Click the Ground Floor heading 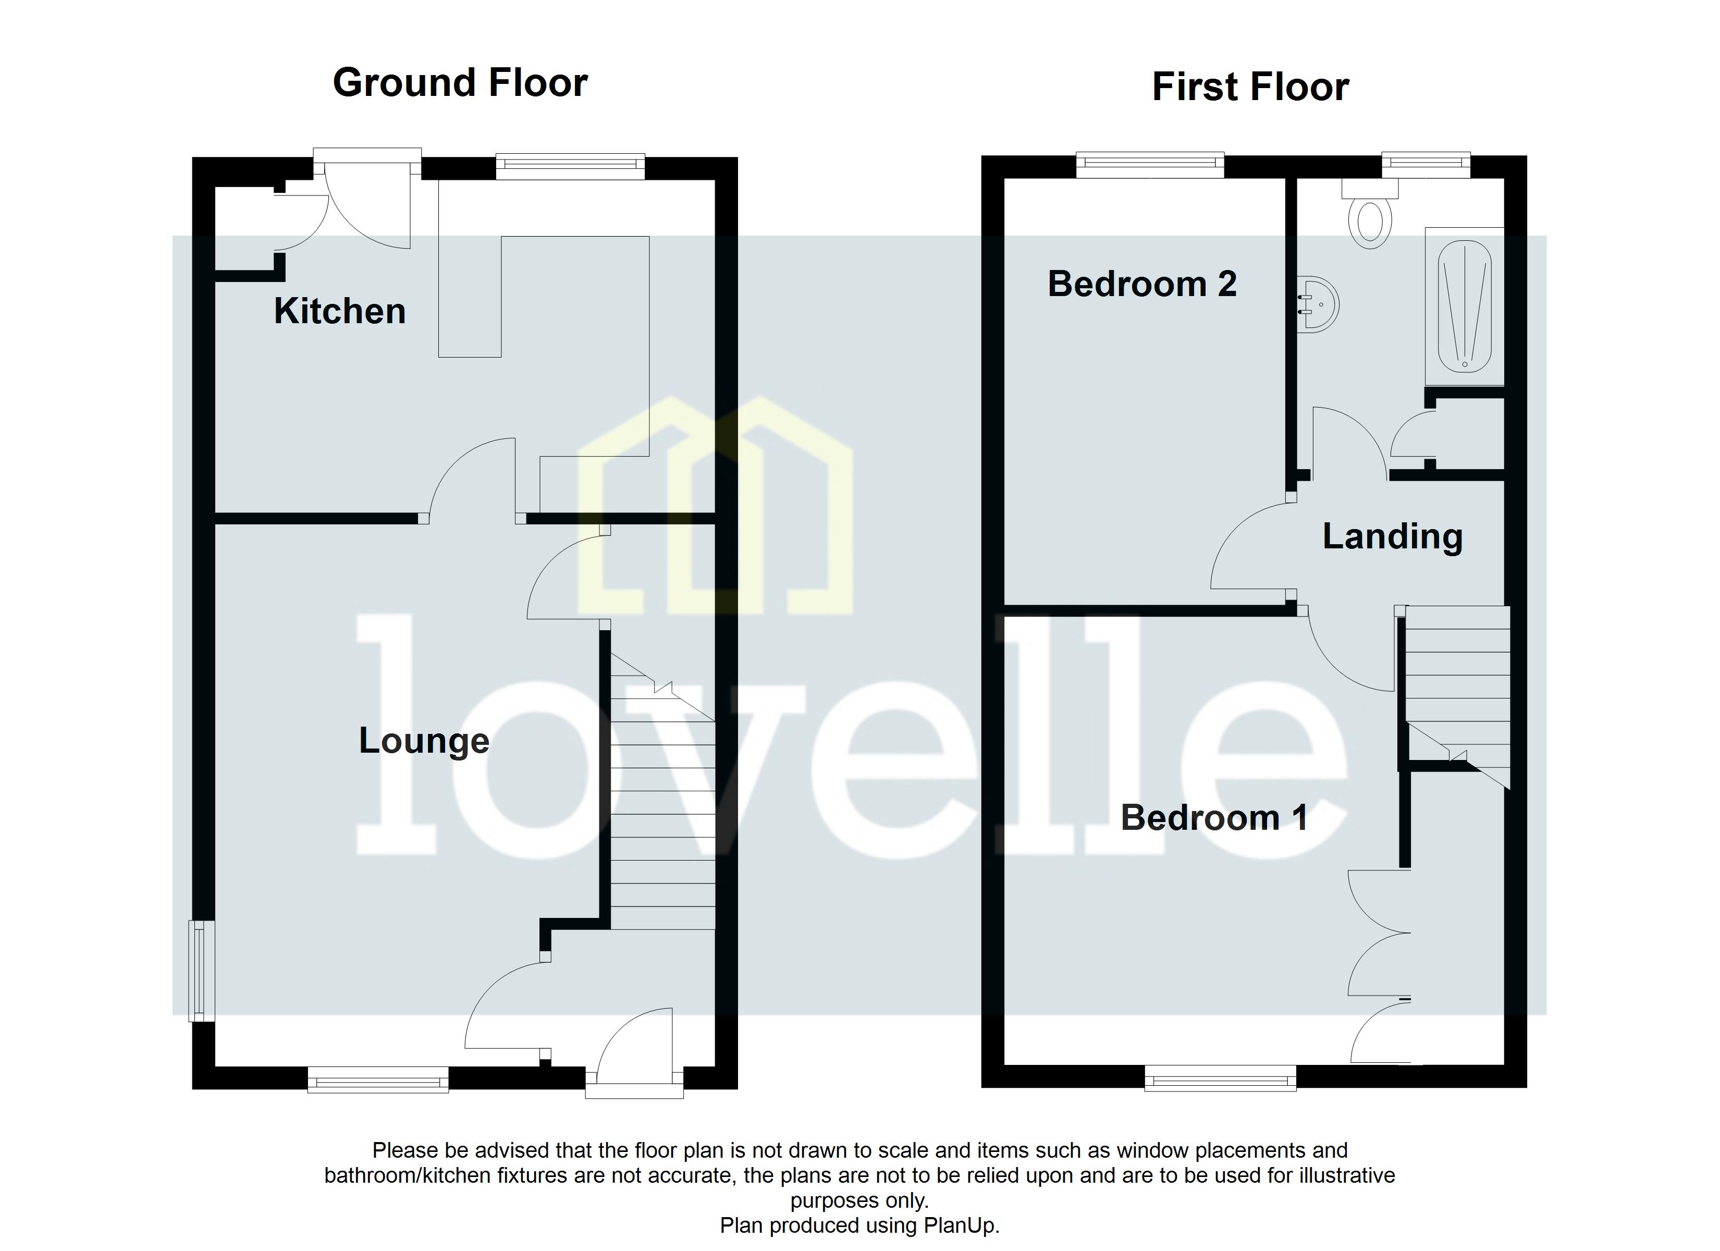click(460, 83)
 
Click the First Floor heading click(1250, 87)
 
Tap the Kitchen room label click(340, 311)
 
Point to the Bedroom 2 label click(1141, 285)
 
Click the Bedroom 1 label click(1213, 818)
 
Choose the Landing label click(1392, 536)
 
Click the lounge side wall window click(201, 971)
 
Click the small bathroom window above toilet click(1425, 163)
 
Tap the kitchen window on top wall click(570, 166)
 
